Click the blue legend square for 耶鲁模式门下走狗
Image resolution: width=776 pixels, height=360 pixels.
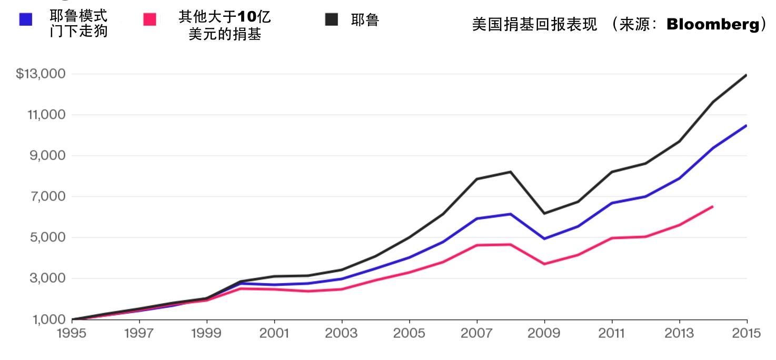coord(25,19)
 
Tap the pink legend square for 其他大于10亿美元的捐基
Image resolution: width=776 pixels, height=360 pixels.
coord(150,19)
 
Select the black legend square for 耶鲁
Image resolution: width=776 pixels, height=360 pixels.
coord(331,19)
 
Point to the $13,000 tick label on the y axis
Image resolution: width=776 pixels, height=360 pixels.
coord(41,74)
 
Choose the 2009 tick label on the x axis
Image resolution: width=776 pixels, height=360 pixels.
coord(544,333)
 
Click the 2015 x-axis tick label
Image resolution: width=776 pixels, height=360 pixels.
coord(746,333)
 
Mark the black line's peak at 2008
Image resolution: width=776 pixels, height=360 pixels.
coord(510,172)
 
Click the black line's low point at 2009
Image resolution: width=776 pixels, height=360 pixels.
coord(544,213)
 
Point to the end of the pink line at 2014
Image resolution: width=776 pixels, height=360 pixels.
coord(712,206)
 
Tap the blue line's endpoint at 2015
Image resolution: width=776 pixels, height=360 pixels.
coord(746,125)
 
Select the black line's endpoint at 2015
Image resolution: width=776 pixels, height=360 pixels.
coord(746,75)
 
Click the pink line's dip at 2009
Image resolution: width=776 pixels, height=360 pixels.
coord(544,264)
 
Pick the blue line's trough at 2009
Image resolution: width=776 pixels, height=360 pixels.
coord(544,238)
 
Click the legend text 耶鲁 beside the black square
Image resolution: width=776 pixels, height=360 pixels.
coord(365,20)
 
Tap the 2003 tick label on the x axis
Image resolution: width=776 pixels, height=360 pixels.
coord(342,333)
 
